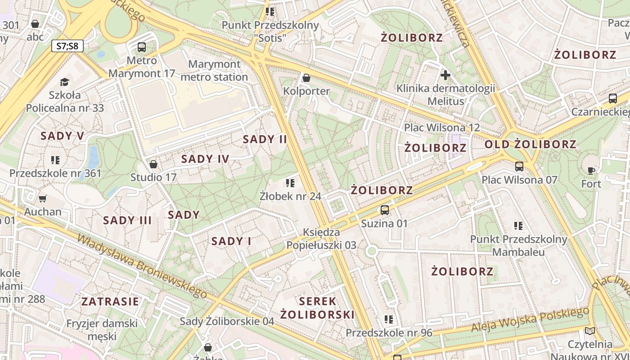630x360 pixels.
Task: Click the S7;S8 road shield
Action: pyautogui.click(x=67, y=45)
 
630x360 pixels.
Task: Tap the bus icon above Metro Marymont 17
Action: pyautogui.click(x=142, y=47)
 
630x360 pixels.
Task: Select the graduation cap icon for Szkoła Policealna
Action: pyautogui.click(x=65, y=82)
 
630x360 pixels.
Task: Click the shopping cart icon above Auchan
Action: pyautogui.click(x=43, y=198)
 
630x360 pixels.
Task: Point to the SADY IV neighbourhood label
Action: pyautogui.click(x=205, y=159)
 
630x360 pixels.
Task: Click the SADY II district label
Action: pyautogui.click(x=265, y=139)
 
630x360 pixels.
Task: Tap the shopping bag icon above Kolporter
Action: pyautogui.click(x=306, y=78)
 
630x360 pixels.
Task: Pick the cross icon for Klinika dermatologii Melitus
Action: pyautogui.click(x=445, y=75)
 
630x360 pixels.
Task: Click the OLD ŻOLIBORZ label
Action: pyautogui.click(x=530, y=144)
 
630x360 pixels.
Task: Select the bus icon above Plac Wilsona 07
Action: pyautogui.click(x=519, y=166)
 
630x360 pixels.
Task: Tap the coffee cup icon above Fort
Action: pyautogui.click(x=591, y=171)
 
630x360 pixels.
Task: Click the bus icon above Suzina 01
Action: pyautogui.click(x=385, y=210)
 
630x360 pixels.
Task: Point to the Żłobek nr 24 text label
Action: pyautogui.click(x=290, y=196)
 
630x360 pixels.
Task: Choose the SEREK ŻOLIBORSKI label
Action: pyautogui.click(x=318, y=308)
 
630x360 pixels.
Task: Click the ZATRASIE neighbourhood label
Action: pyautogui.click(x=110, y=301)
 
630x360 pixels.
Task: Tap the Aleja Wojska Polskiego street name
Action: pyautogui.click(x=530, y=320)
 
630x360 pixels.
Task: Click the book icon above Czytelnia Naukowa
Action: pyautogui.click(x=589, y=331)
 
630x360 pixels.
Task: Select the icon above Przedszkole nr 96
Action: pyautogui.click(x=389, y=319)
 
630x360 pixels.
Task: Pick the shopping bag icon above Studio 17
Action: pyautogui.click(x=153, y=164)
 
